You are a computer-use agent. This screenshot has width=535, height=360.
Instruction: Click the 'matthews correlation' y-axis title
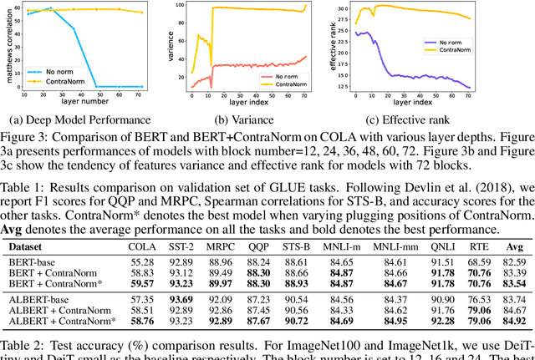pyautogui.click(x=10, y=47)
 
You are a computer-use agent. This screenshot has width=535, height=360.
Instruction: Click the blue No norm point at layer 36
pyautogui.click(x=74, y=28)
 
